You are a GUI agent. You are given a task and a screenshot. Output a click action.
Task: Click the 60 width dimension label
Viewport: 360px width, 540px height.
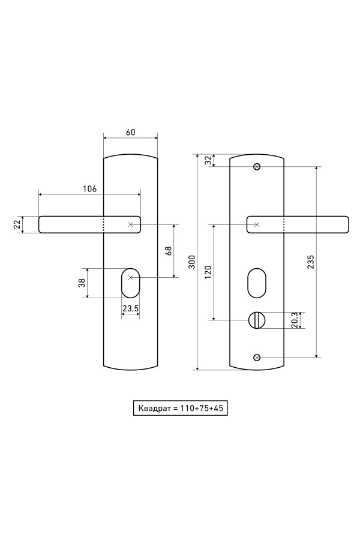pyautogui.click(x=131, y=132)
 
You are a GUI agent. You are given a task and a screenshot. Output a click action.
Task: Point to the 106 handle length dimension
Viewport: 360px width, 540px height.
pyautogui.click(x=90, y=189)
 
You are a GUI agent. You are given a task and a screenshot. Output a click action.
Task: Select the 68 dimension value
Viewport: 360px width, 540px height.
pyautogui.click(x=169, y=251)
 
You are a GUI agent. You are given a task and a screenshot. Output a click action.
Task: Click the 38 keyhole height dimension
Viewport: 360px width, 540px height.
pyautogui.click(x=82, y=283)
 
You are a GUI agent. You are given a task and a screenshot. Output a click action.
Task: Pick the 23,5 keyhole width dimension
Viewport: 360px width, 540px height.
pyautogui.click(x=131, y=308)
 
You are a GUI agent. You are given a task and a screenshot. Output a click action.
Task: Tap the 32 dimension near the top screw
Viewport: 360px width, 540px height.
pyautogui.click(x=208, y=160)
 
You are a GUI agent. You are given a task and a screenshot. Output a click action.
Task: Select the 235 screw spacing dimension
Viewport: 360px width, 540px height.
pyautogui.click(x=311, y=262)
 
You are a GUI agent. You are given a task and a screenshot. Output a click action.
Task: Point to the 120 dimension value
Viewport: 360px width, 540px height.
pyautogui.click(x=208, y=272)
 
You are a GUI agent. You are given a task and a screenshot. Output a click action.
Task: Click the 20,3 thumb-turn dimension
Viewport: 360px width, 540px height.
pyautogui.click(x=295, y=320)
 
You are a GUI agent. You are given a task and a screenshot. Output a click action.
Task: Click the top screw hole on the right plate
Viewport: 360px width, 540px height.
pyautogui.click(x=257, y=167)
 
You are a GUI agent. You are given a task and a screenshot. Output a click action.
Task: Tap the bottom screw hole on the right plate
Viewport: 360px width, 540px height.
pyautogui.click(x=257, y=358)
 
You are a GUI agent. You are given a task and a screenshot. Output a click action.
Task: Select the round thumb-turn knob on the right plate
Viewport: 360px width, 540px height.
pyautogui.click(x=256, y=320)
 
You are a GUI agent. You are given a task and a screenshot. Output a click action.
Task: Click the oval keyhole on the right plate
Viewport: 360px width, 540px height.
pyautogui.click(x=257, y=283)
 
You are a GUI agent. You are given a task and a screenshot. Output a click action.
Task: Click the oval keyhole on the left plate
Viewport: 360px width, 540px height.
pyautogui.click(x=130, y=283)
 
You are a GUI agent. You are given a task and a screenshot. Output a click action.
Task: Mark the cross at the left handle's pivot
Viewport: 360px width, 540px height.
pyautogui.click(x=130, y=224)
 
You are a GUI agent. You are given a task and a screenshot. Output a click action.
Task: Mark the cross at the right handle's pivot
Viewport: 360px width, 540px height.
pyautogui.click(x=257, y=224)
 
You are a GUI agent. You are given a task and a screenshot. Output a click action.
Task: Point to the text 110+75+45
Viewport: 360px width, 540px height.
pyautogui.click(x=202, y=409)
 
